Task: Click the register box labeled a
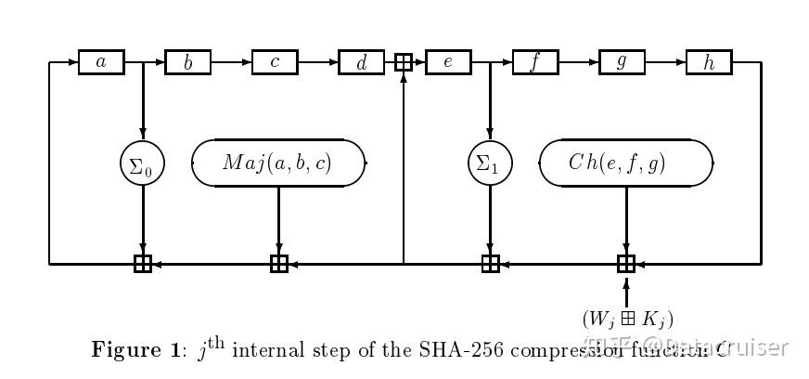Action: pyautogui.click(x=102, y=62)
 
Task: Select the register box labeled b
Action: pyautogui.click(x=188, y=62)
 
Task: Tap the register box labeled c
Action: pyautogui.click(x=276, y=62)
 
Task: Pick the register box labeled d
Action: pyautogui.click(x=362, y=62)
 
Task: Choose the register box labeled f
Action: pyautogui.click(x=535, y=62)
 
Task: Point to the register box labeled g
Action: pyautogui.click(x=623, y=62)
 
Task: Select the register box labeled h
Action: pyautogui.click(x=710, y=62)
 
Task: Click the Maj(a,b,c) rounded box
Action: pyautogui.click(x=278, y=163)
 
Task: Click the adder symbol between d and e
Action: pyautogui.click(x=404, y=62)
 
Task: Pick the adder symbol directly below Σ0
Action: pyautogui.click(x=143, y=264)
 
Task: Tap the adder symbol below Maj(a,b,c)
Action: pyautogui.click(x=279, y=264)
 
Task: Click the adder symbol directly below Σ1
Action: pyautogui.click(x=490, y=264)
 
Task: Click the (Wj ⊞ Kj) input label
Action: pyautogui.click(x=627, y=317)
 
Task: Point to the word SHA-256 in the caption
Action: pyautogui.click(x=448, y=349)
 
